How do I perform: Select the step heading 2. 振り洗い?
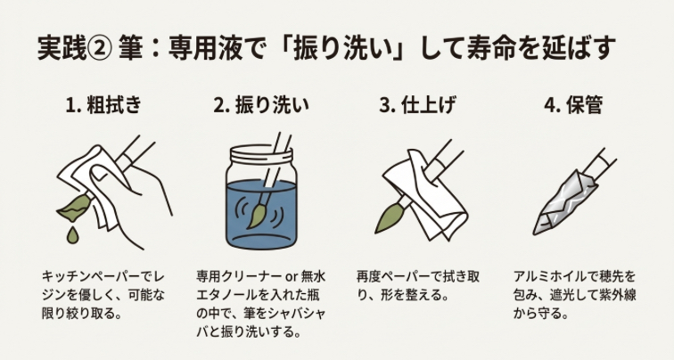(261, 105)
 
